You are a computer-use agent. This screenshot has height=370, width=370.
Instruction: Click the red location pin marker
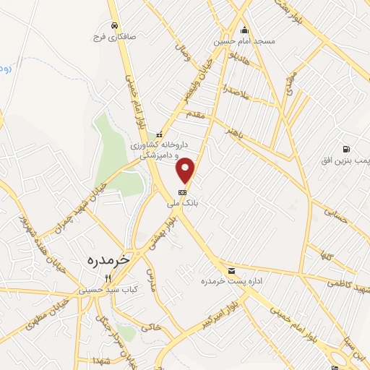[186, 170]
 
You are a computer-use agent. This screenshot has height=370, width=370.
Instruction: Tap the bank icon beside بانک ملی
[182, 192]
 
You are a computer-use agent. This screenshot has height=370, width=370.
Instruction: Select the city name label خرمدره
[106, 258]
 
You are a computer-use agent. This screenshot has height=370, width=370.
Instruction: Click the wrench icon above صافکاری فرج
[113, 23]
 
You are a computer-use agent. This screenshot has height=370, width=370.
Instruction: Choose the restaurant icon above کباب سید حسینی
[109, 277]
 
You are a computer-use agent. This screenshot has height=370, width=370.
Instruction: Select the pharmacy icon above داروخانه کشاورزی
[160, 134]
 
